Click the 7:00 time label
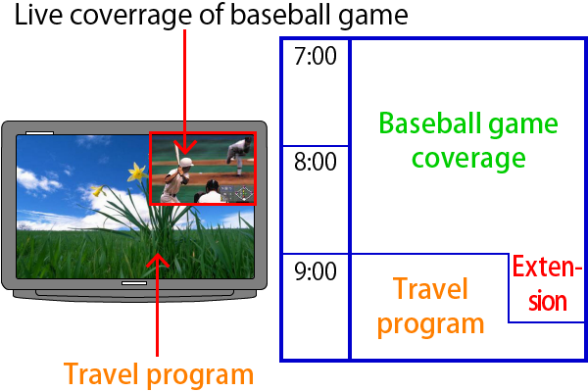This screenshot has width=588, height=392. click(316, 56)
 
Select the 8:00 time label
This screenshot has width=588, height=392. click(316, 163)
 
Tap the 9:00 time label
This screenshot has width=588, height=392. click(316, 271)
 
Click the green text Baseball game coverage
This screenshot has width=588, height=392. click(468, 141)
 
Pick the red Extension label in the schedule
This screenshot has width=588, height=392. click(547, 283)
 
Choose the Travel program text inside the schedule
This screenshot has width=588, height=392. click(430, 306)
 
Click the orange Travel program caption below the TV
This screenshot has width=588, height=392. click(159, 374)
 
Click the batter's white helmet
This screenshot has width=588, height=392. click(185, 163)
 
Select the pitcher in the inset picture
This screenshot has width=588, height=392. click(239, 155)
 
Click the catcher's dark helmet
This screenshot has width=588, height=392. click(212, 185)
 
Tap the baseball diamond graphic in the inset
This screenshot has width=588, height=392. click(244, 194)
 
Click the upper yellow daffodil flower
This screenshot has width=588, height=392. click(138, 172)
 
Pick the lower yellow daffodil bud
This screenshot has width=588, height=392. click(97, 190)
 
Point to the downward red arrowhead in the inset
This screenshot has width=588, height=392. click(184, 147)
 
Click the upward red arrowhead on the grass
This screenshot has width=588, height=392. click(158, 260)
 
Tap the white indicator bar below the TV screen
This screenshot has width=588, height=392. click(134, 283)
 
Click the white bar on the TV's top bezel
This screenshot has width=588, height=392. click(39, 133)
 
